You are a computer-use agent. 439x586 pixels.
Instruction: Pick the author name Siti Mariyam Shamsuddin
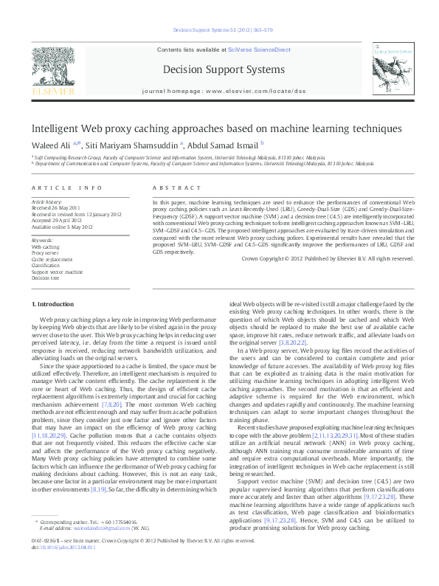133,145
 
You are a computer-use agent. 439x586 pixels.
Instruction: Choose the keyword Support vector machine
57,272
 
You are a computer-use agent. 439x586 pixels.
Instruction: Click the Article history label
45,201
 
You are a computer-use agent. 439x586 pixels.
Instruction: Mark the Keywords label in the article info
41,241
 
